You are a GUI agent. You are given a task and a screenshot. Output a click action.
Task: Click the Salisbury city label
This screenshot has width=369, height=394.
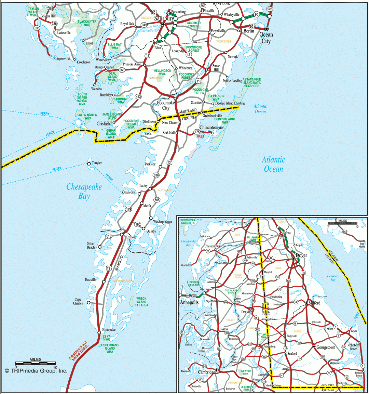click(164, 18)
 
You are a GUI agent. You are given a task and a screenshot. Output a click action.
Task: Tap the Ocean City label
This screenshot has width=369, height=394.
click(266, 38)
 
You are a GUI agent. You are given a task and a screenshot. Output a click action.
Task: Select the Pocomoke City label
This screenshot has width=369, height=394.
click(166, 105)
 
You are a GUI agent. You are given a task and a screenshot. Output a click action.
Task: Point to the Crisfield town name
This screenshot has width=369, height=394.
click(104, 123)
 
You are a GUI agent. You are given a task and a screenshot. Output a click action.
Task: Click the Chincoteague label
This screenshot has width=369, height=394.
click(211, 128)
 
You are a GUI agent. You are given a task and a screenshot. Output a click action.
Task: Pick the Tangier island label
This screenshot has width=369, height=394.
click(97, 163)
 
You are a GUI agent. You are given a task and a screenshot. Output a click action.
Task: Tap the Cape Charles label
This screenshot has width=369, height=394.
click(78, 301)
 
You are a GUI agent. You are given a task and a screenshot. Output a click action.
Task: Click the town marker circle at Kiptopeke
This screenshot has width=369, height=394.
click(99, 332)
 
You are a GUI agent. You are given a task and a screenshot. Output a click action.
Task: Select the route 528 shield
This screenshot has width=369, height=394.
click(270, 9)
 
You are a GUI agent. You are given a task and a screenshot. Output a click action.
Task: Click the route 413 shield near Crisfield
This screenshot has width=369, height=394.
click(138, 97)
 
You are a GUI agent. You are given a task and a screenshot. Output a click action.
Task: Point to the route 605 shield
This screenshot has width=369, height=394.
click(157, 200)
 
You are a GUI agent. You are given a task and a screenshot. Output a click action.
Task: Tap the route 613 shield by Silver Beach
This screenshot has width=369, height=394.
click(109, 236)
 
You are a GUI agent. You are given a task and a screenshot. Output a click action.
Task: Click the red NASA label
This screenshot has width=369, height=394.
click(201, 136)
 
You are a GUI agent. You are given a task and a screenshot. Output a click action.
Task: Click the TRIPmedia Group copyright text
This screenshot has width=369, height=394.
click(36, 370)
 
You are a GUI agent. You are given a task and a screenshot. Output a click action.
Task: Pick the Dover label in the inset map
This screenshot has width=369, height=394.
click(301, 255)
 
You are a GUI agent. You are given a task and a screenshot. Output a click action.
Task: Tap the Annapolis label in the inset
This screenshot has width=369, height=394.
click(189, 302)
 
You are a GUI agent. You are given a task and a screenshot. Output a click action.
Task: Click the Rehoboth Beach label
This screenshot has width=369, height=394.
click(353, 347)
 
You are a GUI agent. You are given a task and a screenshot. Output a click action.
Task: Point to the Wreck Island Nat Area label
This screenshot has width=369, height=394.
click(141, 302)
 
